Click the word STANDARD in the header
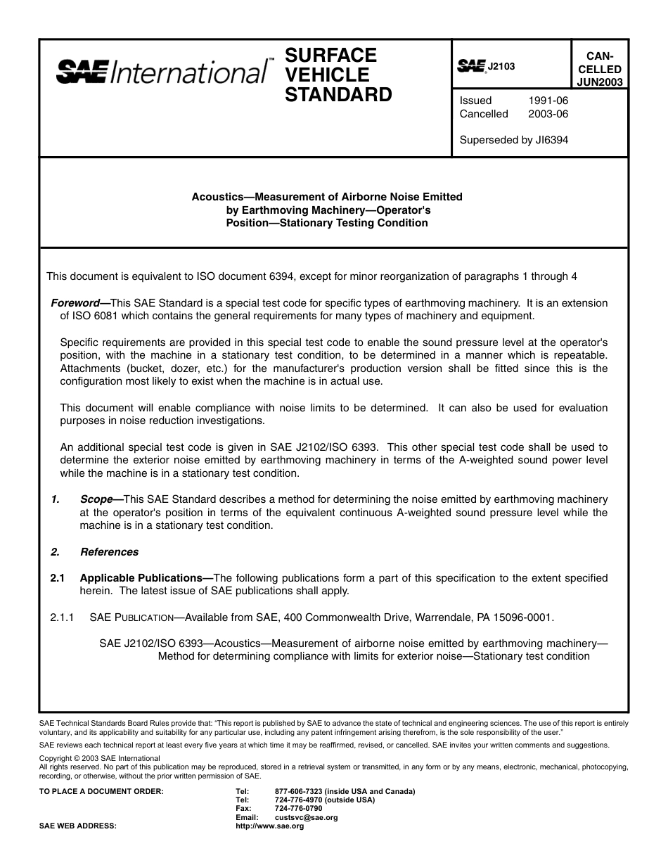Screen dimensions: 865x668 click(338, 95)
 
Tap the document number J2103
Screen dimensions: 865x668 click(501, 66)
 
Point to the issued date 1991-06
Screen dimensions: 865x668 click(548, 101)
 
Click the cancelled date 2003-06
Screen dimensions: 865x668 click(548, 114)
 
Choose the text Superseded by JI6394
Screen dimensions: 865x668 click(513, 140)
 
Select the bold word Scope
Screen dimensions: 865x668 click(96, 499)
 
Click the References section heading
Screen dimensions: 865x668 click(109, 552)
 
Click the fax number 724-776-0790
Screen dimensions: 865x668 click(299, 809)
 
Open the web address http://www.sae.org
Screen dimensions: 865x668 click(270, 826)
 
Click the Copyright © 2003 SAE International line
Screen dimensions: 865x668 click(99, 758)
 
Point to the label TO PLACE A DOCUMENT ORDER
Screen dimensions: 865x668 click(101, 792)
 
